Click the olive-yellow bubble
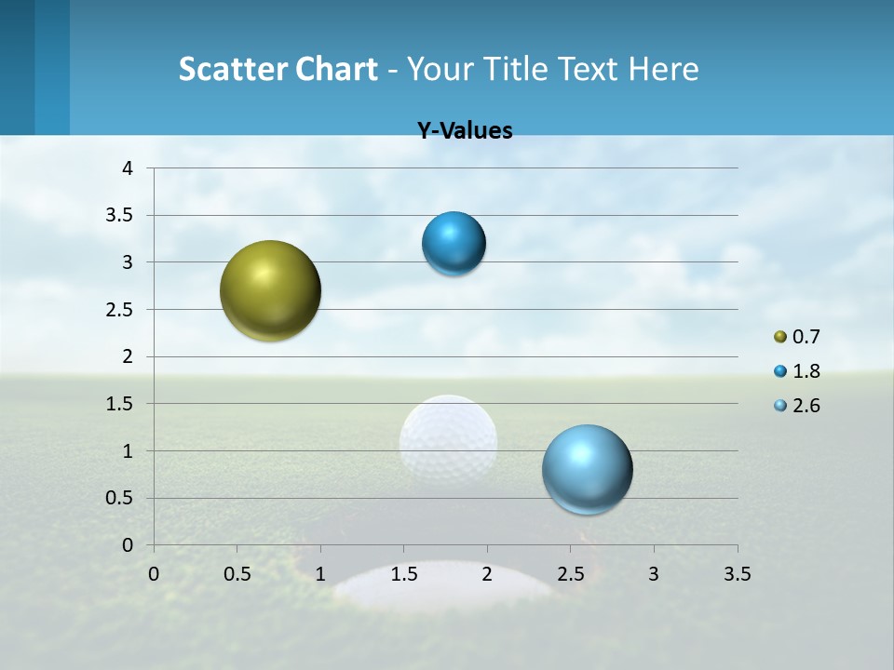[271, 290]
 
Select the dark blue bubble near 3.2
[454, 244]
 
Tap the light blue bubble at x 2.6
[588, 469]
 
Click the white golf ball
[448, 444]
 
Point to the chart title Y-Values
[465, 131]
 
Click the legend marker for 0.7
[780, 337]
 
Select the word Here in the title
[663, 69]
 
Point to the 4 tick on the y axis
[128, 168]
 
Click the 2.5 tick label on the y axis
[121, 310]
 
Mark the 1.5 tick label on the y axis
[121, 404]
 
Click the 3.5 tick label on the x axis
[737, 574]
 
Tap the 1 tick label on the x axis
[320, 574]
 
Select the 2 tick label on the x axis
[487, 574]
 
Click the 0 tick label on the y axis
[128, 545]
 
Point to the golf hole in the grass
[445, 586]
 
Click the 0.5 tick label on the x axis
[237, 574]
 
